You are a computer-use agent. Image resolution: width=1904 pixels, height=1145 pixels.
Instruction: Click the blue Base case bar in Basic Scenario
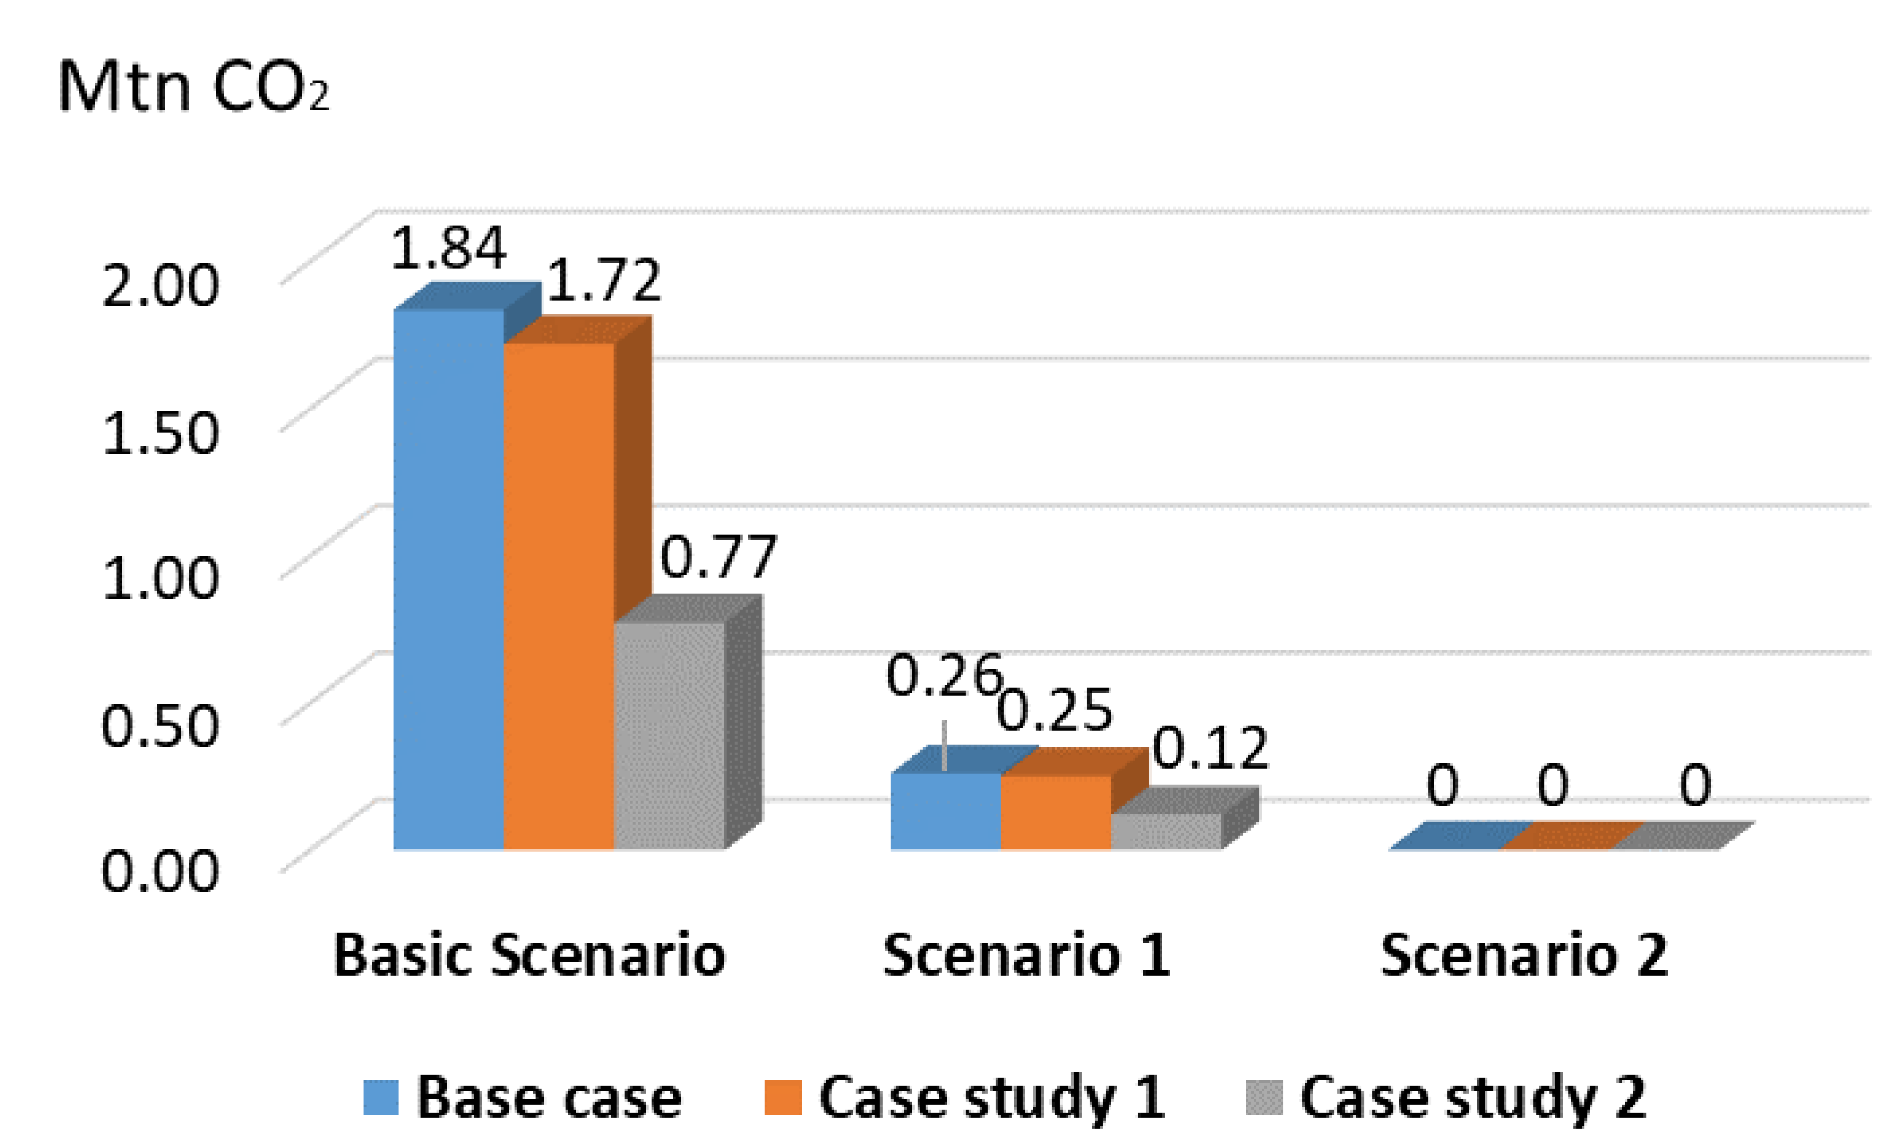(448, 579)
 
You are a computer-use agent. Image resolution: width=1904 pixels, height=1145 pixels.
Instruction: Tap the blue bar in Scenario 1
(945, 811)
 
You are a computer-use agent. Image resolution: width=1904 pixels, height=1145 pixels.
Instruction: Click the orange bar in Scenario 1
(1055, 812)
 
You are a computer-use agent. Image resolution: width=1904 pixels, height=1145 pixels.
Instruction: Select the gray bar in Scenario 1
(1166, 831)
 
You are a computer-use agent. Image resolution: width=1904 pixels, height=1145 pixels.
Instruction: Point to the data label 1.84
(448, 249)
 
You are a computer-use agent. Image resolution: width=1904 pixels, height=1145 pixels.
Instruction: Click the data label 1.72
(603, 280)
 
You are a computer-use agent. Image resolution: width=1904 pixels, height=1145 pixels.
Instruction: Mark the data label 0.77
(718, 557)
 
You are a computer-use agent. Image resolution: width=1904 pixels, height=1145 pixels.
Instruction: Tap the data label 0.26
(943, 677)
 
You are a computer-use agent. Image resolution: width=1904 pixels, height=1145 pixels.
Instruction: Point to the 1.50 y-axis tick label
(161, 432)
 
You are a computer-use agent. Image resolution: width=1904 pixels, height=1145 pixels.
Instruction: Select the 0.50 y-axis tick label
(161, 725)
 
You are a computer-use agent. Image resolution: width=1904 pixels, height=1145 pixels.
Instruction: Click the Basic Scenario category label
(529, 956)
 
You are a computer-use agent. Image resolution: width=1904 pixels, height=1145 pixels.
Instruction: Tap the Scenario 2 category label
(1524, 956)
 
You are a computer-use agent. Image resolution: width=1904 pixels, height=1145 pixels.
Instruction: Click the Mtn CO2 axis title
(193, 87)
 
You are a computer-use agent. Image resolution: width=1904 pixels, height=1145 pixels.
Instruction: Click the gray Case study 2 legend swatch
(1263, 1097)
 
